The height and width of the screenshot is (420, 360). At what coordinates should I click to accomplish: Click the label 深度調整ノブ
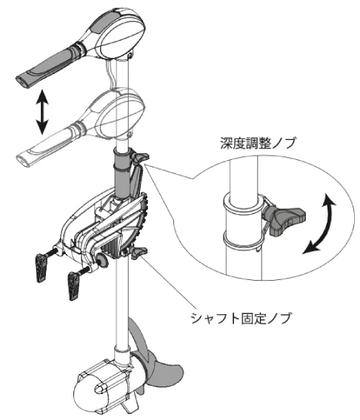coord(259,143)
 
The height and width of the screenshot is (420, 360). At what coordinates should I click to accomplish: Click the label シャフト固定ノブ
coord(241,319)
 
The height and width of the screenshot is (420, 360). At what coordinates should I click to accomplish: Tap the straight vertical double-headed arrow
coord(42,112)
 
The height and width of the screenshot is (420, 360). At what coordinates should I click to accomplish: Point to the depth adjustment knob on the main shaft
coord(139,158)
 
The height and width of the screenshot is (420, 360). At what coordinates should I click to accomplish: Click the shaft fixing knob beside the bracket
coord(139,253)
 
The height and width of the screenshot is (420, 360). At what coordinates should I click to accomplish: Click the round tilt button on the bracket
coord(102,260)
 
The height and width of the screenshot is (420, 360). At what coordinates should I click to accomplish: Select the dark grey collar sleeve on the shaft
coord(123,173)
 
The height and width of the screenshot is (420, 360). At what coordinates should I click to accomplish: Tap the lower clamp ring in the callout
coord(243,240)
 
